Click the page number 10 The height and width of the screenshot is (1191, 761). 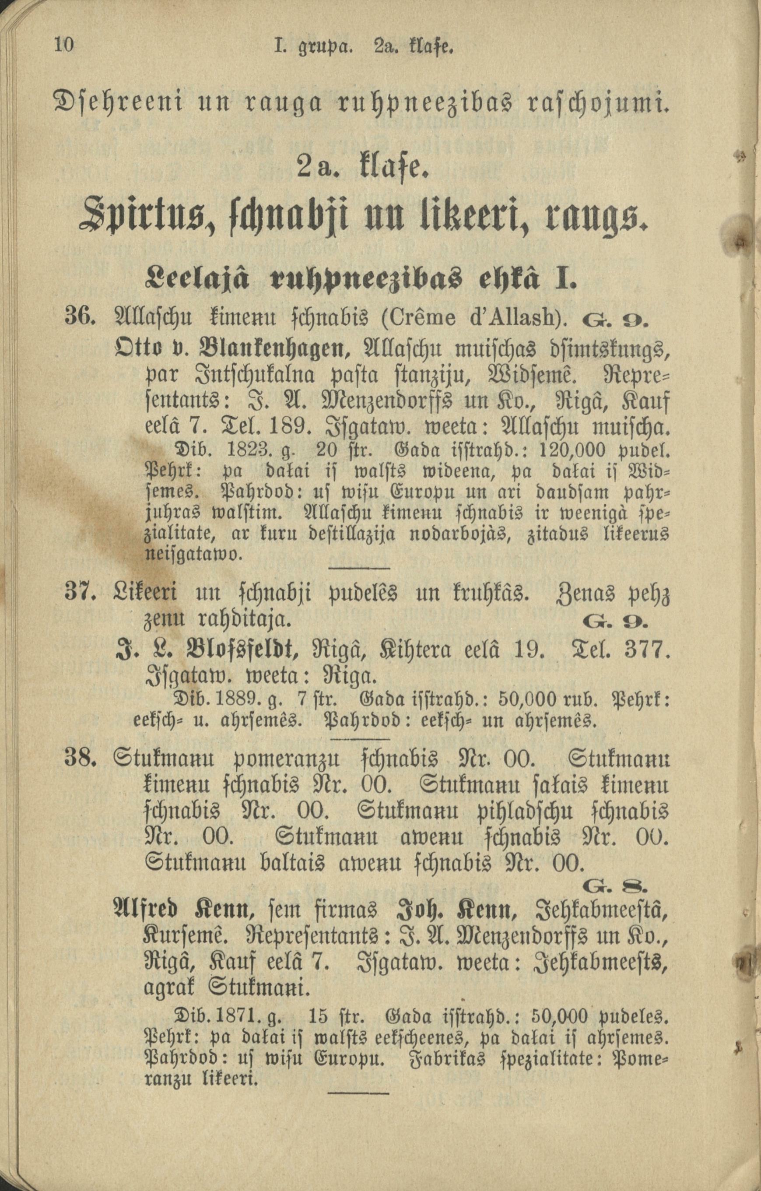pos(64,45)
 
